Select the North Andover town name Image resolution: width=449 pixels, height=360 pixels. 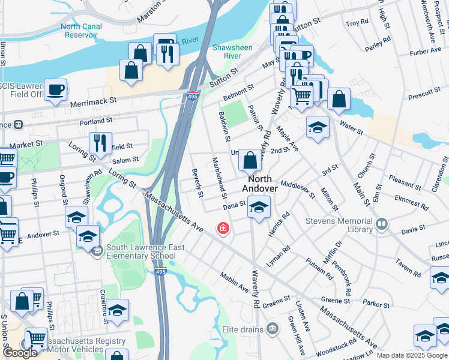point(261,184)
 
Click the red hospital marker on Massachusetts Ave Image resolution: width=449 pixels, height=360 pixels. point(223,229)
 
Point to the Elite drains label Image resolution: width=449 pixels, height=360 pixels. point(243,329)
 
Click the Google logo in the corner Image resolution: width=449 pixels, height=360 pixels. point(20,353)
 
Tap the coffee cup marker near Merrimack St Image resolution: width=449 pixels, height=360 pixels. point(56,90)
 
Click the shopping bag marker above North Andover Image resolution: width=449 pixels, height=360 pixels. point(250,160)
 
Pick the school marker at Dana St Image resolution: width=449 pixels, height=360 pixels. point(259,208)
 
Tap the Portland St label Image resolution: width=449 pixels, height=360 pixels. point(95,121)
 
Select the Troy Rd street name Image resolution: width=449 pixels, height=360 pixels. point(357,23)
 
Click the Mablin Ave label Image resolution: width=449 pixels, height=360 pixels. point(234,284)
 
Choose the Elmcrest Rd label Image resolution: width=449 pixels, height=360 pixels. point(412,202)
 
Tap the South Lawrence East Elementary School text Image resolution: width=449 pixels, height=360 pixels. point(140,252)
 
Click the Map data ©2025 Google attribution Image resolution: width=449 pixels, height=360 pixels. point(412,355)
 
